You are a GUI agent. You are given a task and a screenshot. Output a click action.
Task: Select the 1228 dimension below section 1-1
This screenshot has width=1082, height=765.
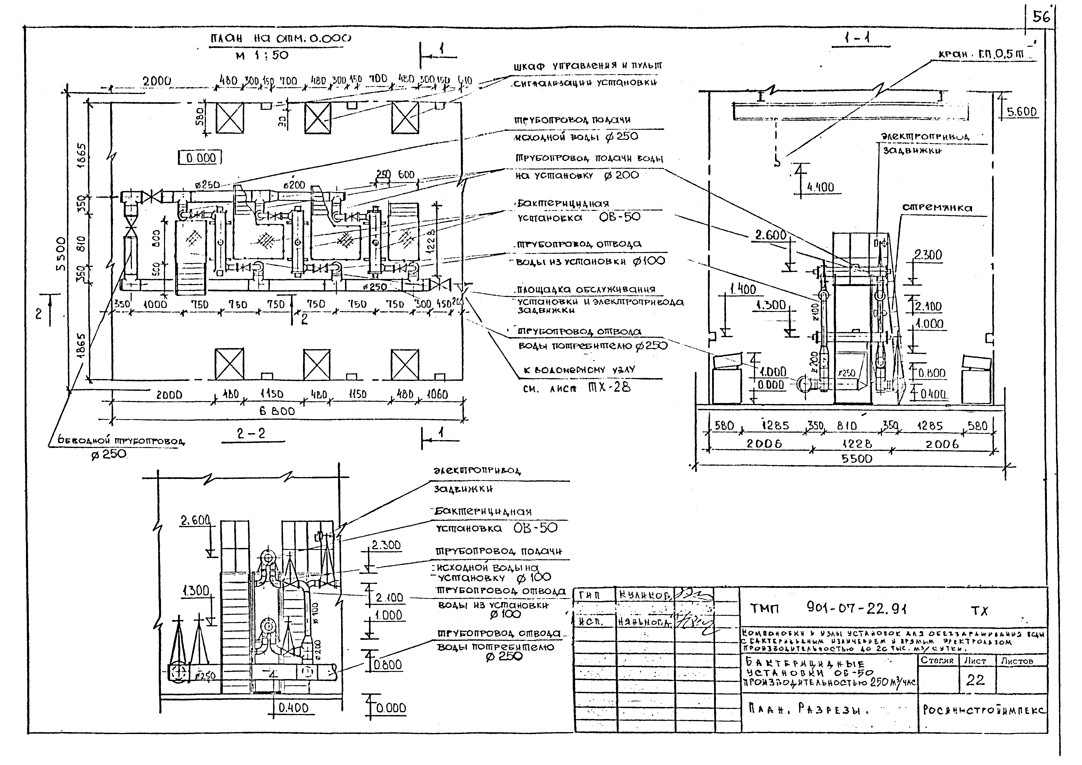click(857, 444)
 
